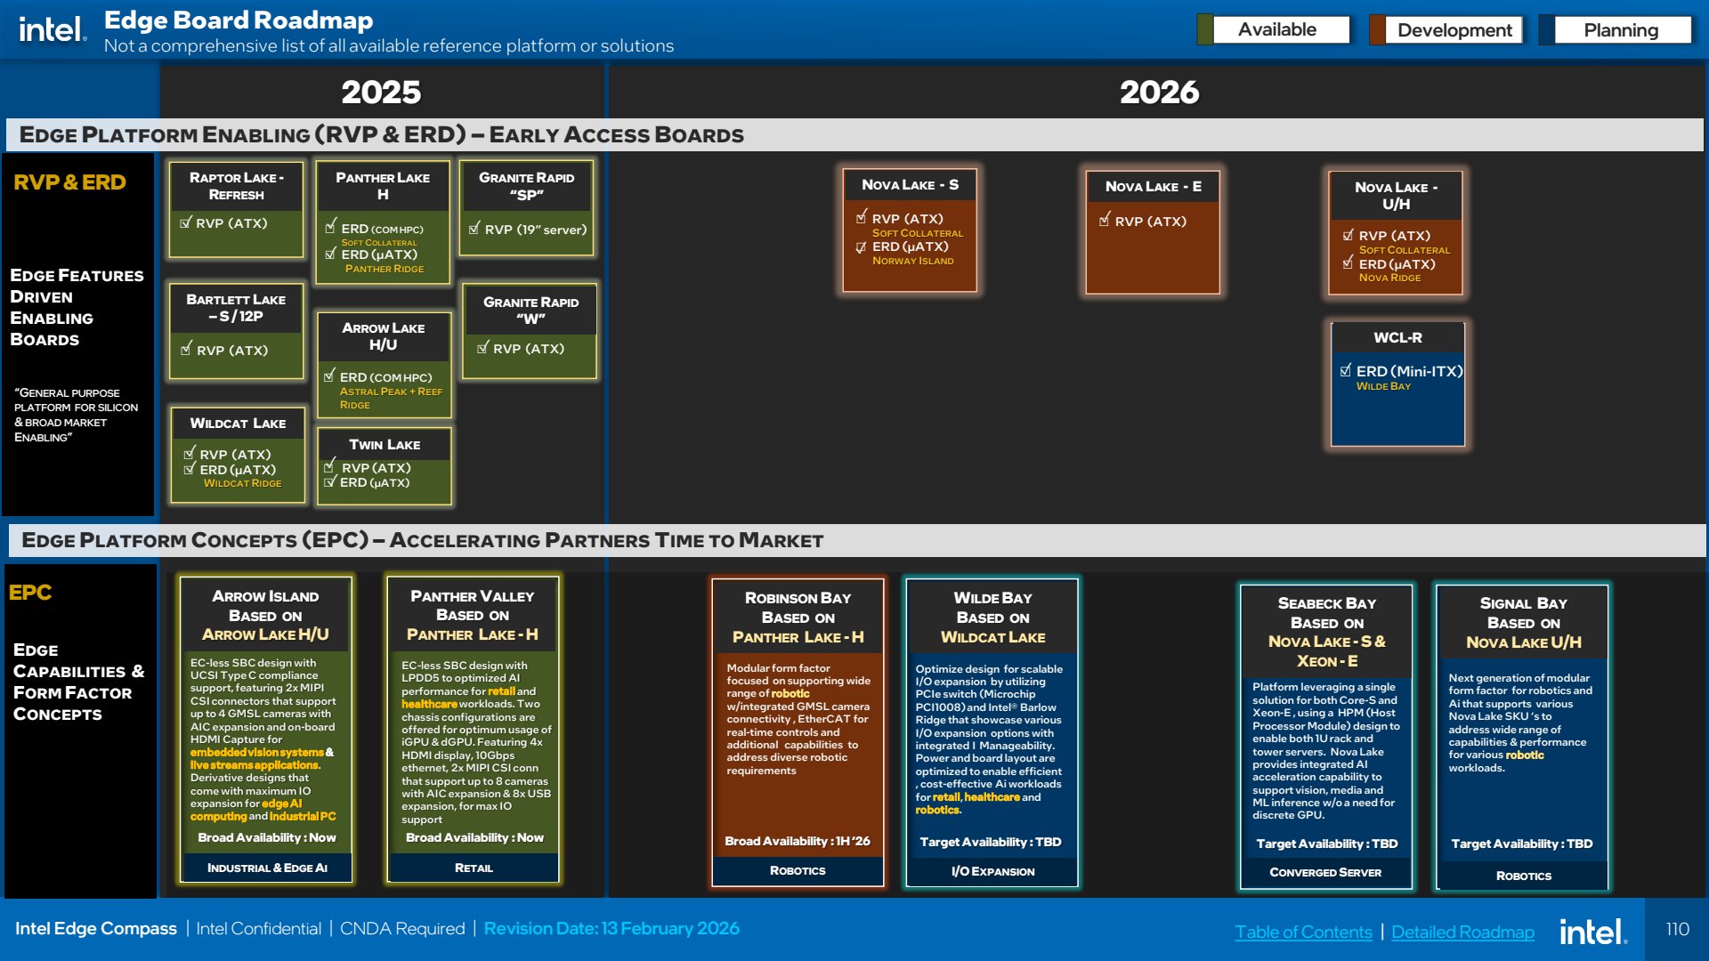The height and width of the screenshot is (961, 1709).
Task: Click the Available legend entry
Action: point(1276,29)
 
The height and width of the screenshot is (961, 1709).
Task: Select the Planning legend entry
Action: point(1619,30)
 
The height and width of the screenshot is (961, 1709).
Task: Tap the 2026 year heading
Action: point(1159,92)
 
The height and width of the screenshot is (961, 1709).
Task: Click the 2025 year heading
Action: point(381,92)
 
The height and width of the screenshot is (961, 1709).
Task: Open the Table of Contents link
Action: point(1303,932)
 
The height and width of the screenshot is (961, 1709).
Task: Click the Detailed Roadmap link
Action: point(1462,932)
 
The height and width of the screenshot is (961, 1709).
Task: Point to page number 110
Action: point(1677,929)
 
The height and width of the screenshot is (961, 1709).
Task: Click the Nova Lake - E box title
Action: point(1153,186)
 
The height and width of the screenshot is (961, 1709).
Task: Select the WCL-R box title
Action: point(1397,337)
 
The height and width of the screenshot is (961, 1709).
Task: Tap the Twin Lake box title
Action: point(385,444)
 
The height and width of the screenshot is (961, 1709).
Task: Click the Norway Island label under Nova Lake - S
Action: point(912,261)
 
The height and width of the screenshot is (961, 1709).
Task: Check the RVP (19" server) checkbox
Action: point(475,228)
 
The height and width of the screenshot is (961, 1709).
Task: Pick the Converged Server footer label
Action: point(1325,872)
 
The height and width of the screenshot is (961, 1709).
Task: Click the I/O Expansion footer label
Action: point(992,871)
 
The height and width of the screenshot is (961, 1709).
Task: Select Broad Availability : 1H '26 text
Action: point(797,841)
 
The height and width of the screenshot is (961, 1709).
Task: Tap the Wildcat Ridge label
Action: point(242,483)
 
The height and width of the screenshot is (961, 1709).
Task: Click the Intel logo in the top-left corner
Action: point(53,29)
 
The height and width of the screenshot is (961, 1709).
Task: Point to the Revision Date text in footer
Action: point(612,928)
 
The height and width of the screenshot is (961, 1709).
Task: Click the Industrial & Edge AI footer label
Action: point(267,868)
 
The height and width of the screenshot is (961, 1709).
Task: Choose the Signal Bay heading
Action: point(1523,602)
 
